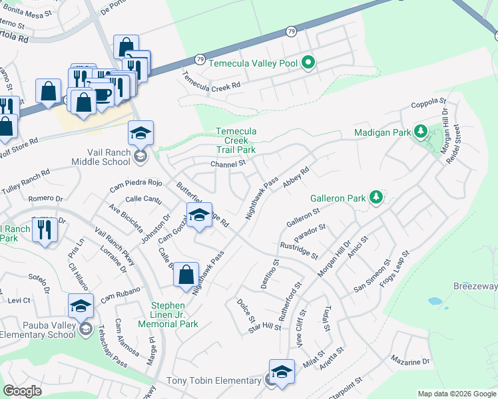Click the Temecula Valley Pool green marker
308,64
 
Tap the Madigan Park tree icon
420,132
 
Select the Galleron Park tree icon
376,198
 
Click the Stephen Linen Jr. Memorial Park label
168,315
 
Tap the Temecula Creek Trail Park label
235,140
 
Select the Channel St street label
228,164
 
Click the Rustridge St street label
299,250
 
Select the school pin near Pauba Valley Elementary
81,307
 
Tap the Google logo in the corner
22,391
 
